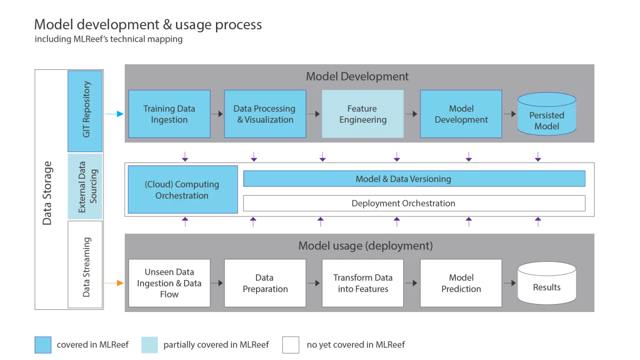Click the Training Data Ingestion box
169,114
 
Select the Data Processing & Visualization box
265,114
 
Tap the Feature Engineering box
363,114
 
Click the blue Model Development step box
461,114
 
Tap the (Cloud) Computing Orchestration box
182,190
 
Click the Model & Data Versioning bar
414,179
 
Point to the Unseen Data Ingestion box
169,283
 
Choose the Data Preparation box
265,283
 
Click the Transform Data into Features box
363,283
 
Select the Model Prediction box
461,283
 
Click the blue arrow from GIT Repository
114,114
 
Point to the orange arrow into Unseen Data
114,283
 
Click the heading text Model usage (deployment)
365,246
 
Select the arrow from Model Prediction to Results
509,283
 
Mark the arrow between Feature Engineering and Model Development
411,114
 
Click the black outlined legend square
292,344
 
